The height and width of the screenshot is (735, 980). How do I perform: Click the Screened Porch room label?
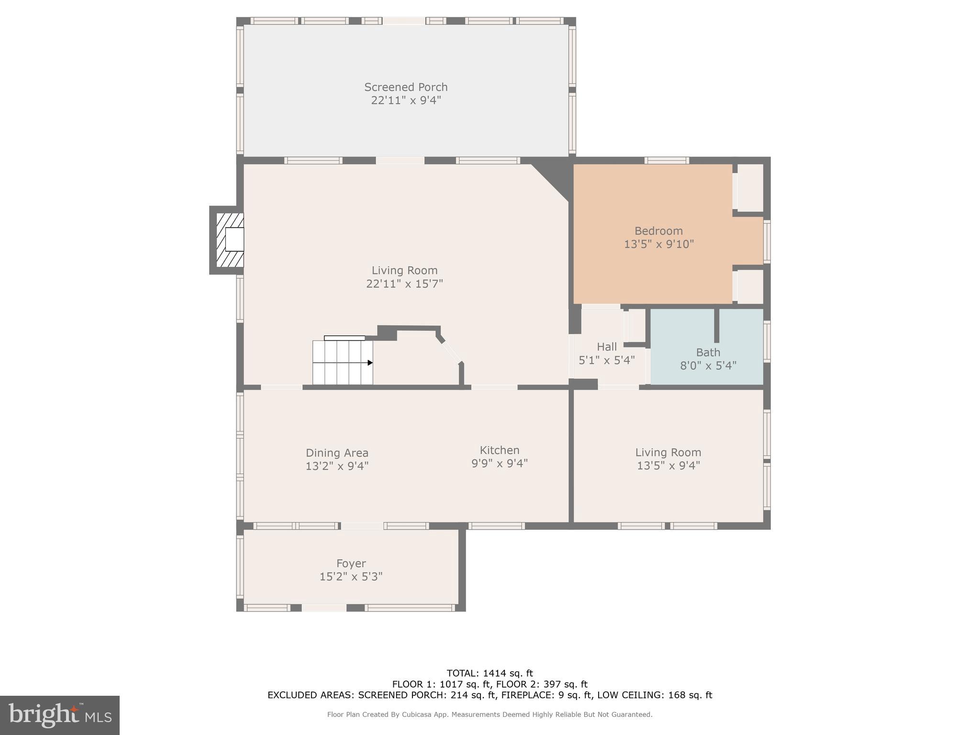406,87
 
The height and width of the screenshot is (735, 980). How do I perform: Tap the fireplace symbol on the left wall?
230,240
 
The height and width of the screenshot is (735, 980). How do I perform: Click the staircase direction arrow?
369,363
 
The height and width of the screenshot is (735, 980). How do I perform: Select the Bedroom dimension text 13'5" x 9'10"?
658,244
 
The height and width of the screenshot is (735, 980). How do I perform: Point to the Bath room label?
708,353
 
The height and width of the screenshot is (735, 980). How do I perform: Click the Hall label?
606,346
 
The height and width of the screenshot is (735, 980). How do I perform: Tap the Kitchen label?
499,450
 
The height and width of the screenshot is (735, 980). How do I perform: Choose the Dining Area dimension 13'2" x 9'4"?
337,466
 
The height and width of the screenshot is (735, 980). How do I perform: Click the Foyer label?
351,563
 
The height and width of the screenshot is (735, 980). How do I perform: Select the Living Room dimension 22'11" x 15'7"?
404,284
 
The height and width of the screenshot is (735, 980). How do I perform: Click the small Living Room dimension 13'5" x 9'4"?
668,465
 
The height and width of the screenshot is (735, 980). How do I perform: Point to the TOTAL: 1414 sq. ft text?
490,673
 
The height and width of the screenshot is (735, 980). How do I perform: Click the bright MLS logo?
60,715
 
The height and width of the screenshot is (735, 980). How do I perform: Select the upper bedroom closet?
750,188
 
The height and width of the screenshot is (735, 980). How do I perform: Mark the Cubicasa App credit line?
490,714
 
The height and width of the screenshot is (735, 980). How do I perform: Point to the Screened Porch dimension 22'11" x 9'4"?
406,100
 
